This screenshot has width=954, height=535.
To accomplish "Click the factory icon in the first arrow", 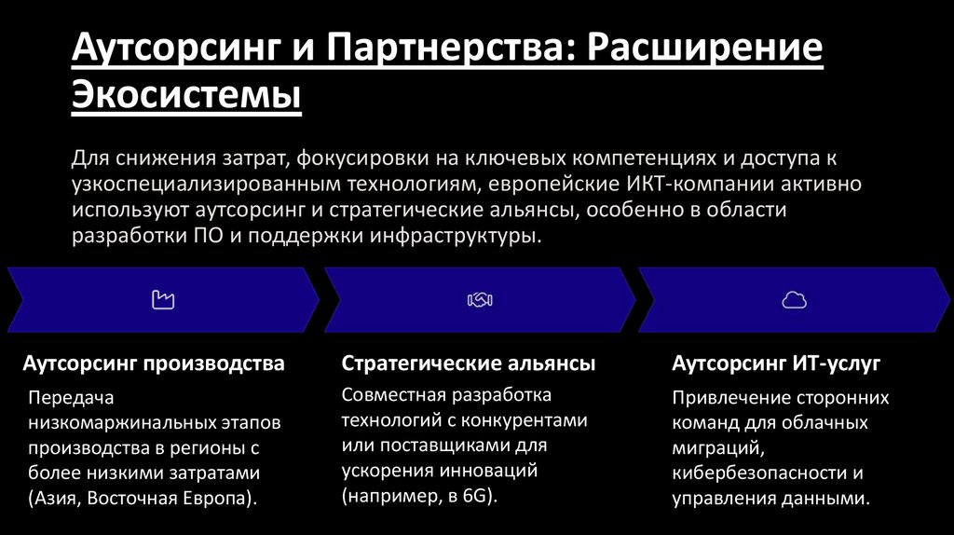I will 163,299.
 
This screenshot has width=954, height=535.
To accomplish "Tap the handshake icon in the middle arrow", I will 480,299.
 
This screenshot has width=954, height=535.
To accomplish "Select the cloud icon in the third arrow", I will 794,299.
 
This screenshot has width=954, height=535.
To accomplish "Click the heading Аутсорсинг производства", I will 154,363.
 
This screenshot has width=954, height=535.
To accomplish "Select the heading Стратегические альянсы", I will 468,363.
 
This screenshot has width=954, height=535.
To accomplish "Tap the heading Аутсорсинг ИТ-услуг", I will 776,363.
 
